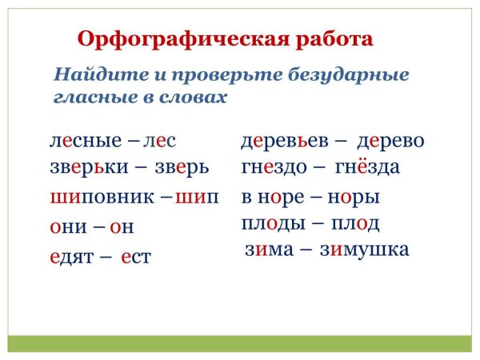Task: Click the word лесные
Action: click(85, 141)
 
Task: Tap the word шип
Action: click(196, 197)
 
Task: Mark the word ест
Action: click(137, 258)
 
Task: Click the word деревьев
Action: click(285, 141)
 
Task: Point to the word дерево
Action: click(390, 141)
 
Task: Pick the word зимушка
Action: click(365, 250)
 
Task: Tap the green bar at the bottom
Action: click(240, 343)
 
